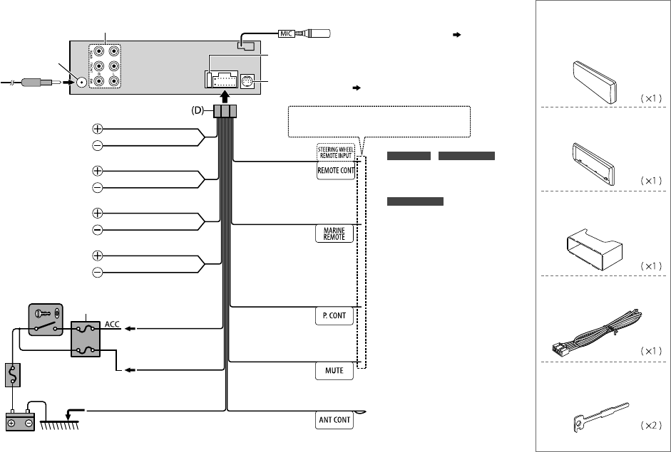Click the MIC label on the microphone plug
pyautogui.click(x=285, y=33)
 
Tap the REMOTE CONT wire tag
pyautogui.click(x=334, y=171)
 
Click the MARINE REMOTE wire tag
pyautogui.click(x=334, y=233)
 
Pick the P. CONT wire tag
pyautogui.click(x=334, y=317)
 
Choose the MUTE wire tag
pyautogui.click(x=334, y=372)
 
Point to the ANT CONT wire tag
pyautogui.click(x=334, y=419)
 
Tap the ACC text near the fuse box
pyautogui.click(x=112, y=325)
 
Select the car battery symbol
pyautogui.click(x=21, y=421)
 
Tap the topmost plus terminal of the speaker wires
pyautogui.click(x=97, y=130)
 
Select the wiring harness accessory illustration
pyautogui.click(x=598, y=334)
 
